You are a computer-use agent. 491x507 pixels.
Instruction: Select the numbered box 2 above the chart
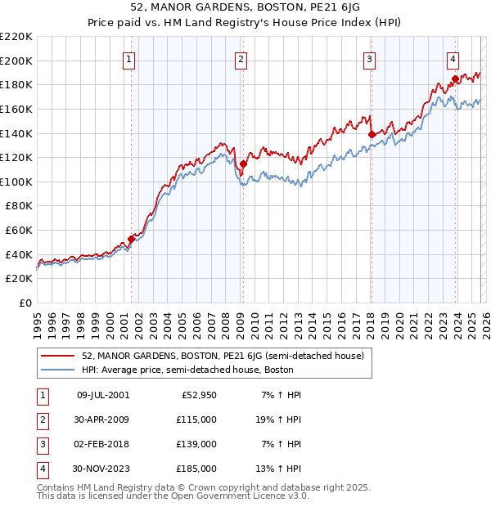tap(242, 58)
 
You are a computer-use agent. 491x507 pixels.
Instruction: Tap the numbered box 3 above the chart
tap(370, 58)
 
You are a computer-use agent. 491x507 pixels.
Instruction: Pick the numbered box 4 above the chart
tap(453, 58)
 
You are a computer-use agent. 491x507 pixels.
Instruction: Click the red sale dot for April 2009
tap(243, 164)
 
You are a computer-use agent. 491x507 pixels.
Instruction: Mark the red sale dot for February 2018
tap(372, 134)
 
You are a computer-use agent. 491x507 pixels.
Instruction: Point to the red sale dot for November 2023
tap(455, 79)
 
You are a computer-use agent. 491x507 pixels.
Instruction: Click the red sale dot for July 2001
tap(131, 239)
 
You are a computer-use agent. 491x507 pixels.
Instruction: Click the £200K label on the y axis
tap(17, 61)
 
